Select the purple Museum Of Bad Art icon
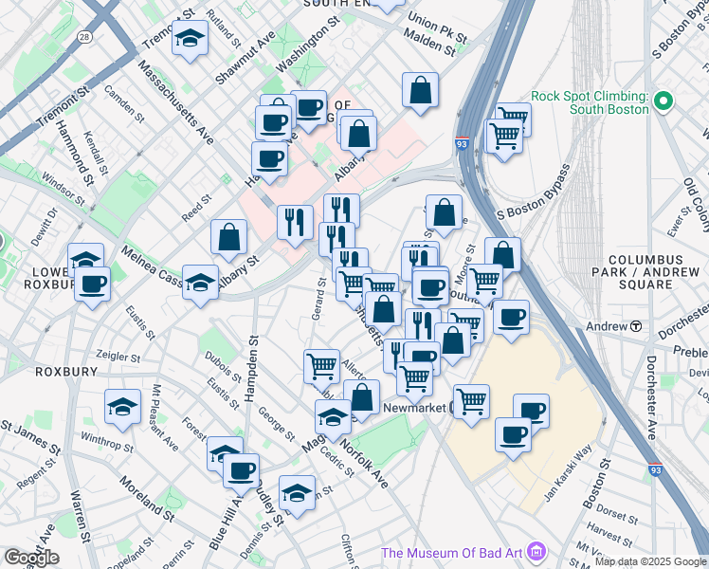tap(537, 551)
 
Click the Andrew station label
tap(607, 326)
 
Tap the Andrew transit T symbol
tap(635, 326)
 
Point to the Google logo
tap(31, 558)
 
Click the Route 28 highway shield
tap(85, 36)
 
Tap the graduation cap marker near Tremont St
tap(190, 41)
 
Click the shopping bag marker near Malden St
tap(420, 92)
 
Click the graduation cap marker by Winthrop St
tap(123, 409)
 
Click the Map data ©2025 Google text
tap(650, 561)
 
